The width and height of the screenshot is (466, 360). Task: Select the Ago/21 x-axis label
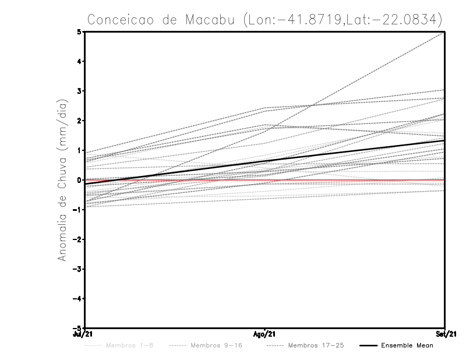tap(264, 334)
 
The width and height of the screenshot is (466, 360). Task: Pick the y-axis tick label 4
tap(79, 61)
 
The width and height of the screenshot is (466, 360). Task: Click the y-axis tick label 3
tap(79, 91)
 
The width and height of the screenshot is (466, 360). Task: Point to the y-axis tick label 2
tap(79, 121)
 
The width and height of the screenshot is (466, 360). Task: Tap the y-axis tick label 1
tap(79, 150)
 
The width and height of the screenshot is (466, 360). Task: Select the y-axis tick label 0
tap(79, 180)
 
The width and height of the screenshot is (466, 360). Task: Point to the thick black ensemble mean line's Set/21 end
tap(444, 140)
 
